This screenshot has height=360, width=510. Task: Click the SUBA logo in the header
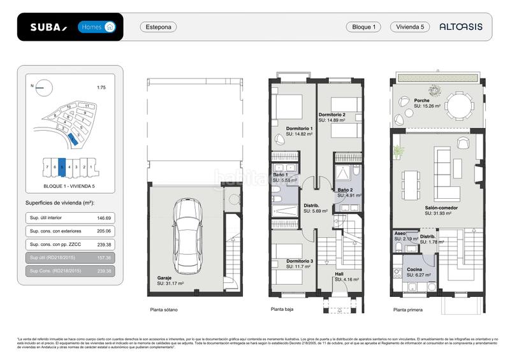[48, 27]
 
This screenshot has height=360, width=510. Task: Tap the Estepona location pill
[158, 27]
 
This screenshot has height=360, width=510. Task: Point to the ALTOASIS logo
[461, 27]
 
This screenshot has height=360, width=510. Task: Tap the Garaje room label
[166, 278]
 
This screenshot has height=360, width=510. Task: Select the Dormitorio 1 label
[299, 129]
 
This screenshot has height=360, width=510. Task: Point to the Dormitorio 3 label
[298, 261]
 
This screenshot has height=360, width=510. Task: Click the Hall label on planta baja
[339, 274]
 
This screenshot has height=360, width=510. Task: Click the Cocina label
[414, 270]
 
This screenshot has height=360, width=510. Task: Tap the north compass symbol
[40, 86]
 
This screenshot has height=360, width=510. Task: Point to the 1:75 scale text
[101, 87]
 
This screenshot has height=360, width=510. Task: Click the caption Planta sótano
[164, 310]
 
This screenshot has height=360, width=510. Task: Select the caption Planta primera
[409, 310]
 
